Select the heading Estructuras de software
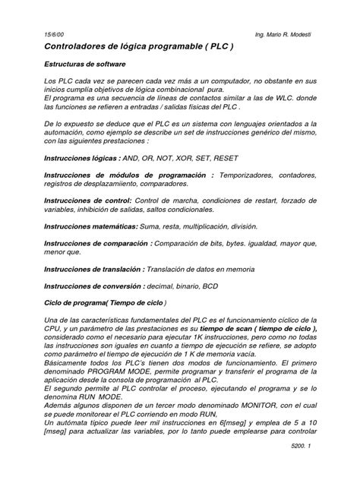pyautogui.click(x=85, y=65)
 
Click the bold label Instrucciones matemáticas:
pyautogui.click(x=92, y=226)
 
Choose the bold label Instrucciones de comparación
pyautogui.click(x=97, y=244)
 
